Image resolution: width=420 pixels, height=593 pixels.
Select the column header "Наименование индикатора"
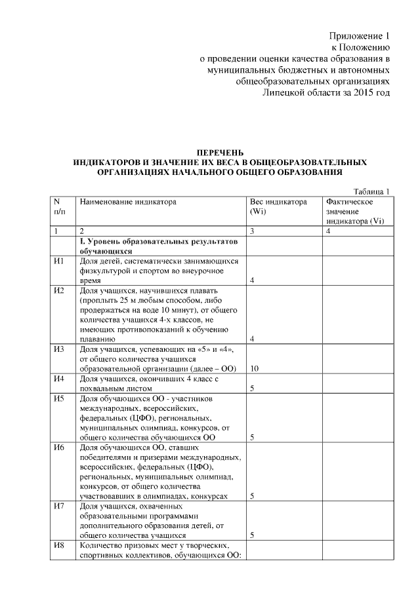(128, 202)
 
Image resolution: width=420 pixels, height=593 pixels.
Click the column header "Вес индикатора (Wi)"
(278, 207)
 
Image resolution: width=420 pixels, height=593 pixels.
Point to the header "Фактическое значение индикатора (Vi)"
(354, 212)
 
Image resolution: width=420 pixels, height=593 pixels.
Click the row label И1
(58, 261)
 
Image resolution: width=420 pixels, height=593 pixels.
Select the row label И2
(58, 290)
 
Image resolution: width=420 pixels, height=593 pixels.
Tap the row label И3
(58, 349)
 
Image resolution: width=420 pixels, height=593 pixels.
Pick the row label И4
(58, 379)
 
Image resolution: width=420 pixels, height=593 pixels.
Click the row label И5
(58, 398)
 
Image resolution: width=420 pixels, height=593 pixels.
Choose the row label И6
(58, 448)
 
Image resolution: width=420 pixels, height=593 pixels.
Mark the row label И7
(58, 507)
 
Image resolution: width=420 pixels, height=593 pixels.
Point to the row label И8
(58, 546)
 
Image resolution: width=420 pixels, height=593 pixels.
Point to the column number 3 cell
(252, 231)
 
